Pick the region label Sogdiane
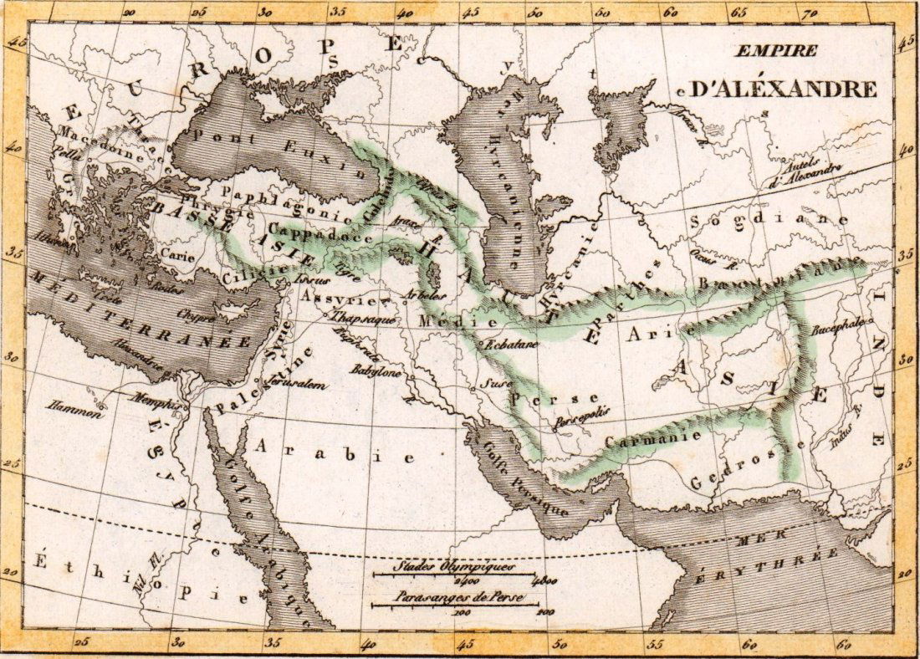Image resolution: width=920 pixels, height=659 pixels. click(x=770, y=221)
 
